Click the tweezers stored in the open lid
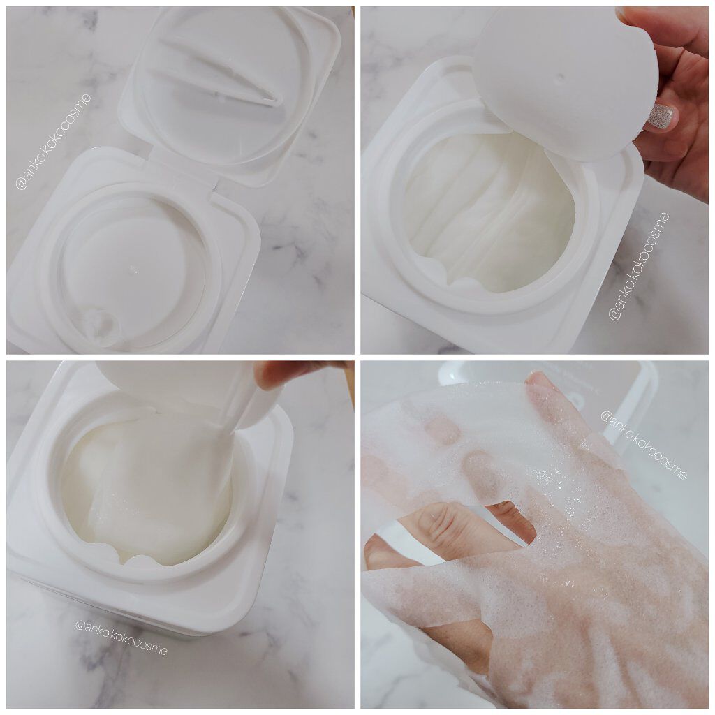[219, 73]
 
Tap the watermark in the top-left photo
[53, 142]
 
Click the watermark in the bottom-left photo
[121, 637]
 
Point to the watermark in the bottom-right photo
[643, 445]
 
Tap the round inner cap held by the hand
[566, 82]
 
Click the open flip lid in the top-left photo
[230, 91]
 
